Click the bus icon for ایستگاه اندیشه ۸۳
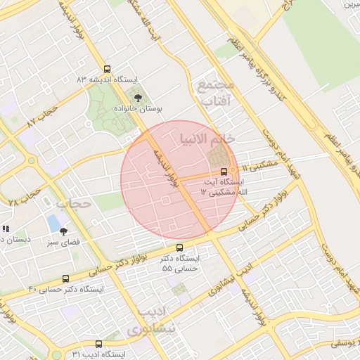coord(107,69)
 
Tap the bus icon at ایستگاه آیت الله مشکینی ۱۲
coord(224,171)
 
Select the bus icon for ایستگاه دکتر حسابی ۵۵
coord(179,247)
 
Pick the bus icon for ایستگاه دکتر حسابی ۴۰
coord(65,278)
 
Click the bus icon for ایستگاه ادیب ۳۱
coord(98,345)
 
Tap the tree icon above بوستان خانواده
coord(138,98)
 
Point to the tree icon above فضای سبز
coord(63,231)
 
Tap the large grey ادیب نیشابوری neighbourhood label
coord(150,321)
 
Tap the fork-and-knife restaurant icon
coord(5,229)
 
